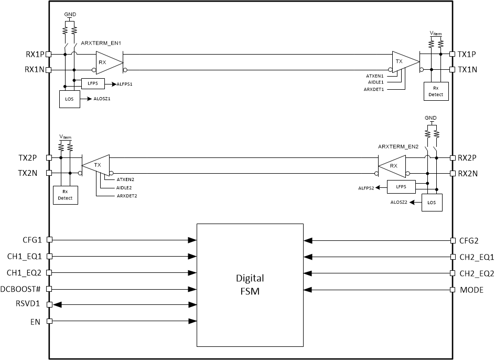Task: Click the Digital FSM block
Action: click(x=250, y=285)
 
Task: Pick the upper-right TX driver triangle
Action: click(x=405, y=61)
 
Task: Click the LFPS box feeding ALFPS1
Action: click(x=93, y=83)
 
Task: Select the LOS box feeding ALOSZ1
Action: click(x=70, y=99)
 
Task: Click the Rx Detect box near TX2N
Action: click(x=65, y=195)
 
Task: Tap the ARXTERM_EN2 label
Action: click(x=399, y=146)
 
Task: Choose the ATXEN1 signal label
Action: click(x=375, y=76)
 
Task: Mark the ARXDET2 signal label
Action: click(x=127, y=196)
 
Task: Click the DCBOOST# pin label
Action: click(x=24, y=289)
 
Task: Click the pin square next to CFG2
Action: click(x=453, y=240)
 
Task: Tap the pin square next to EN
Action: click(x=49, y=321)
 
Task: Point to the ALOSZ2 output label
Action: click(x=400, y=202)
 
